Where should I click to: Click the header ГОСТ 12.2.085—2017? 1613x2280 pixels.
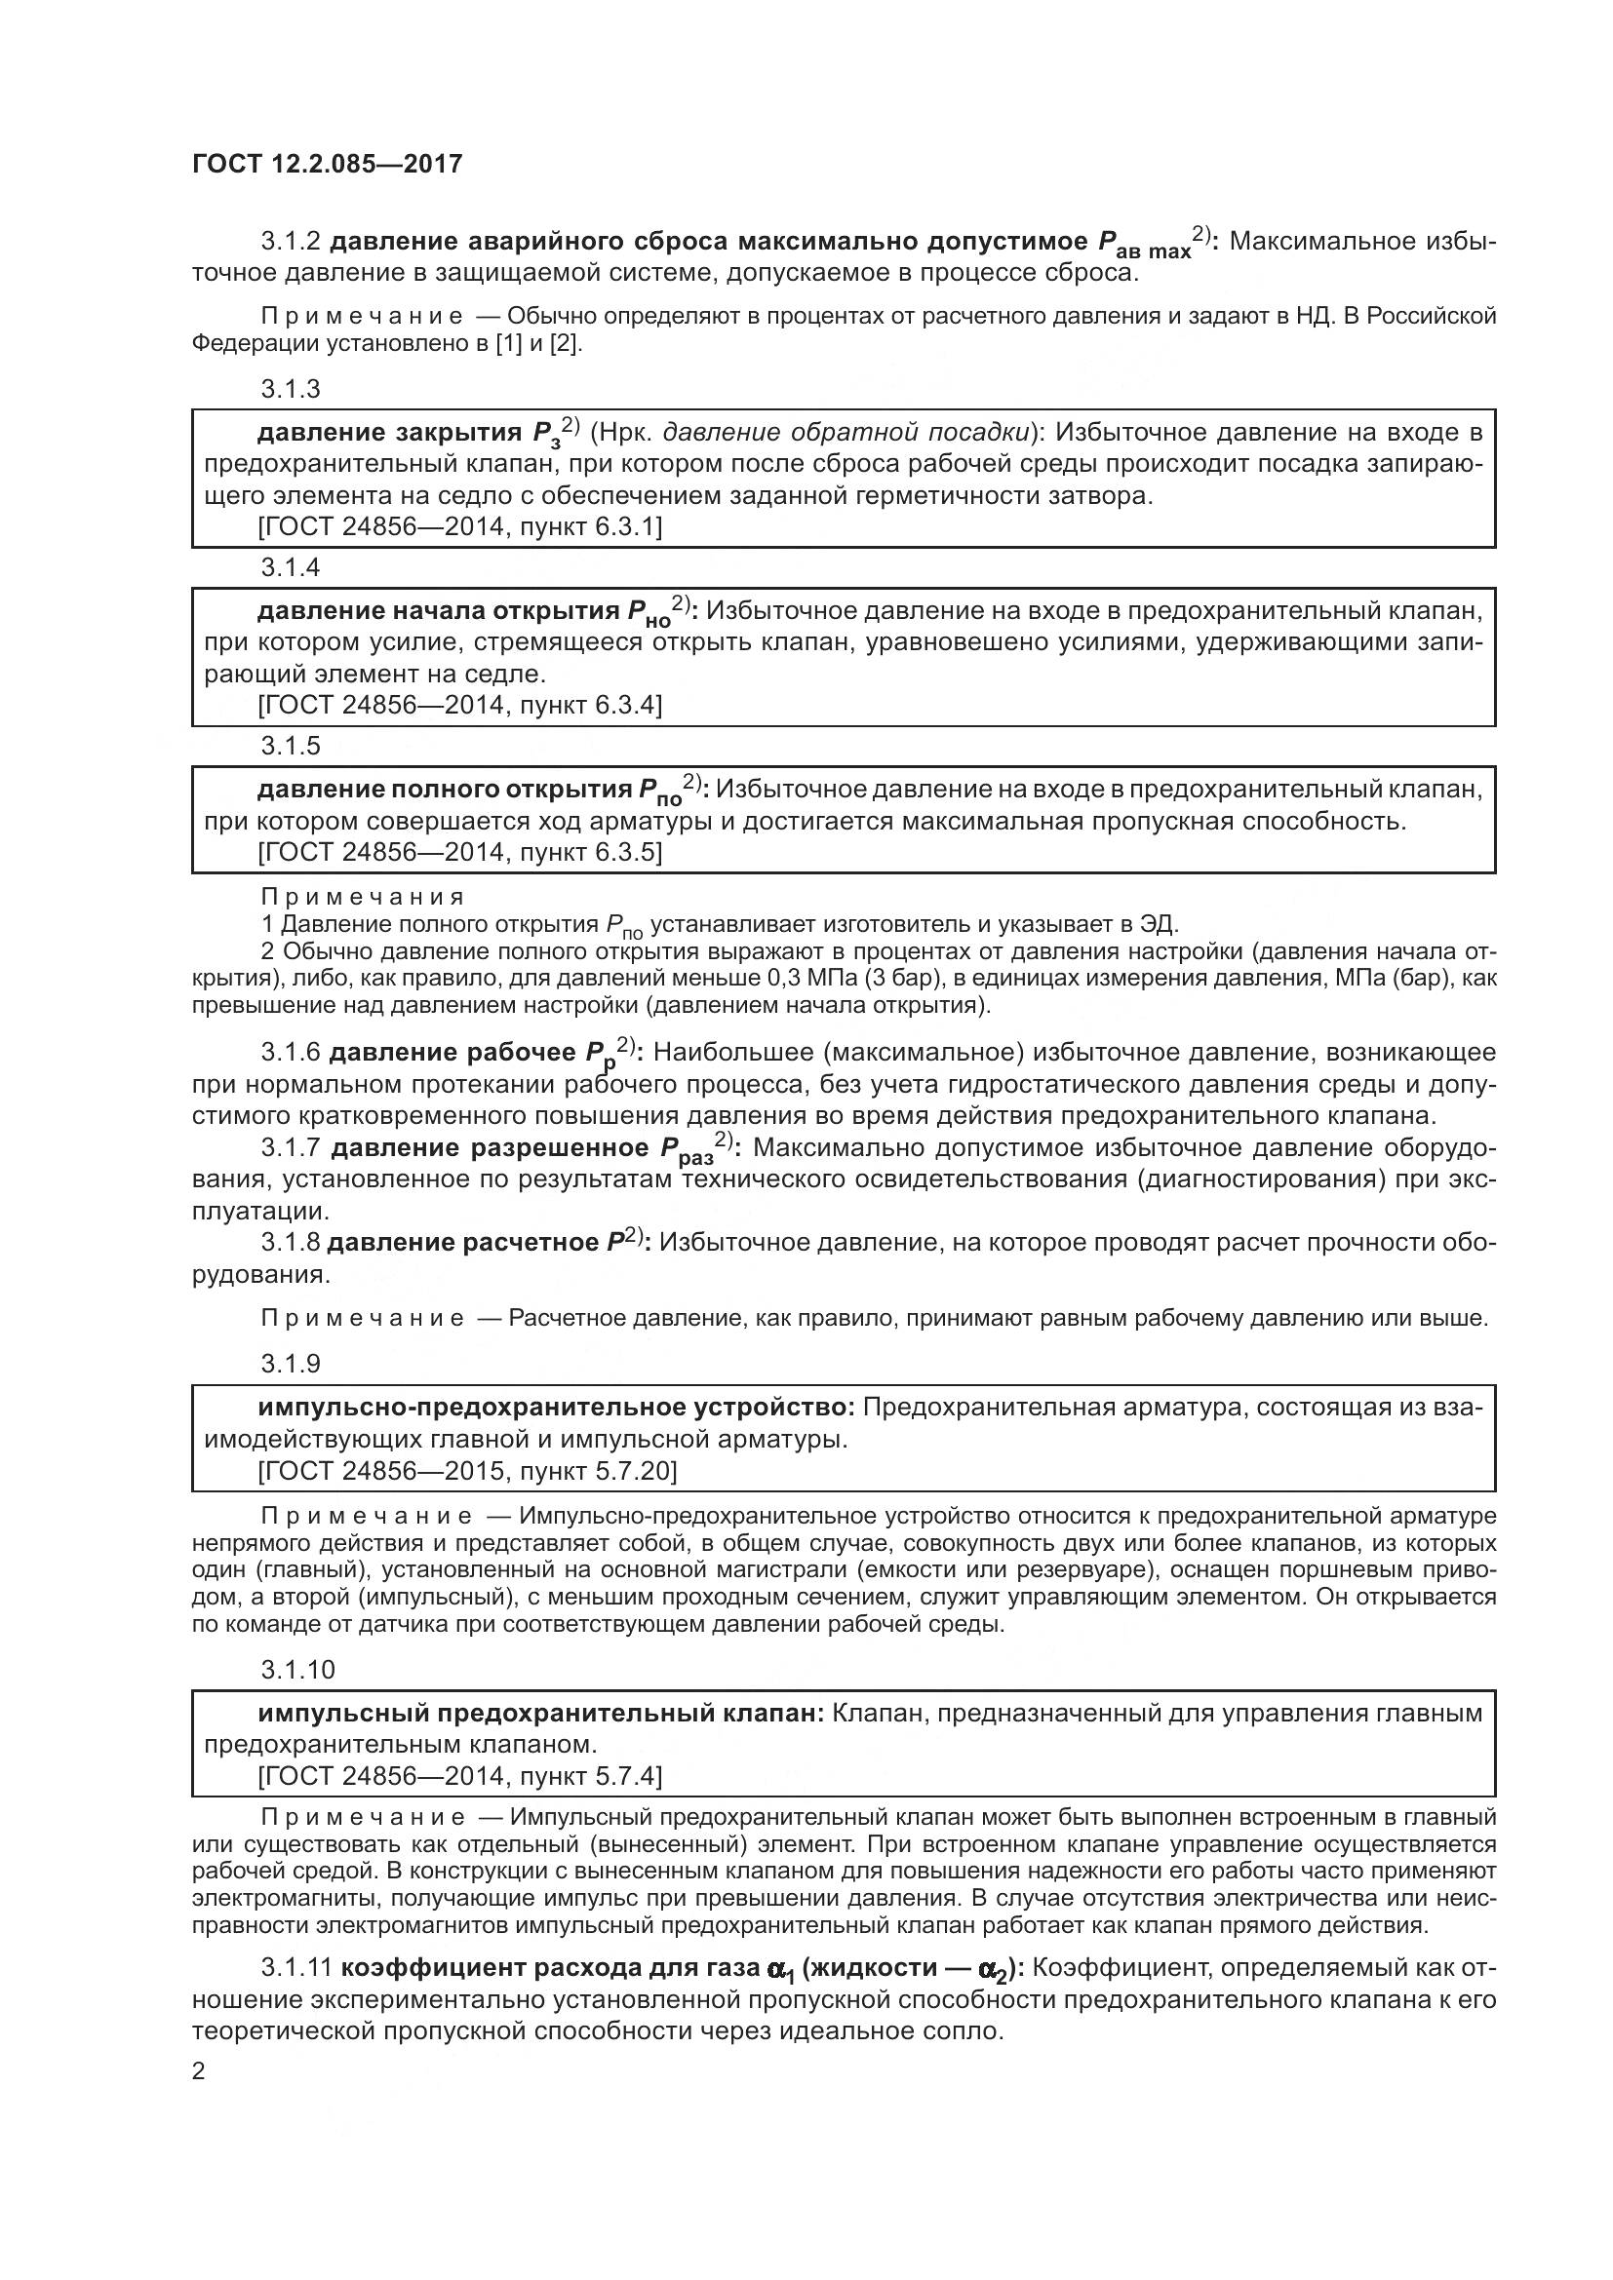click(x=327, y=164)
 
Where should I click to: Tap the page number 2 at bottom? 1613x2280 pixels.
click(x=199, y=2071)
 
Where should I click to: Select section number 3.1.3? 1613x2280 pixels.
click(x=290, y=388)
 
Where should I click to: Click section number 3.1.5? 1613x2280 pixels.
click(x=290, y=746)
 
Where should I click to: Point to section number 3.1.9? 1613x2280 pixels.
click(x=290, y=1364)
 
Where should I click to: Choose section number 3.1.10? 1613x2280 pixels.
click(x=298, y=1669)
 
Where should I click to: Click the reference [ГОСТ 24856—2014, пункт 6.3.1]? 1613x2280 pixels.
click(x=459, y=526)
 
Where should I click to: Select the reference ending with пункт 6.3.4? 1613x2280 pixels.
click(x=459, y=705)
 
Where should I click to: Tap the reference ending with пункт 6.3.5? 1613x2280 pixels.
click(x=459, y=852)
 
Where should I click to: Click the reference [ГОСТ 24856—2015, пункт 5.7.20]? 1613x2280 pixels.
click(x=467, y=1470)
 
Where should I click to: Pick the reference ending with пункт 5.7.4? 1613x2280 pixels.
click(x=459, y=1775)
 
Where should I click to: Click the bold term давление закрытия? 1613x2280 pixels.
click(x=388, y=432)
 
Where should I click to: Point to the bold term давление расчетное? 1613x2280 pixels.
click(x=463, y=1243)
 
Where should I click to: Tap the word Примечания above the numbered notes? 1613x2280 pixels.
click(x=363, y=898)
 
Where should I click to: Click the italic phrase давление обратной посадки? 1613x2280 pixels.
click(x=846, y=432)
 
